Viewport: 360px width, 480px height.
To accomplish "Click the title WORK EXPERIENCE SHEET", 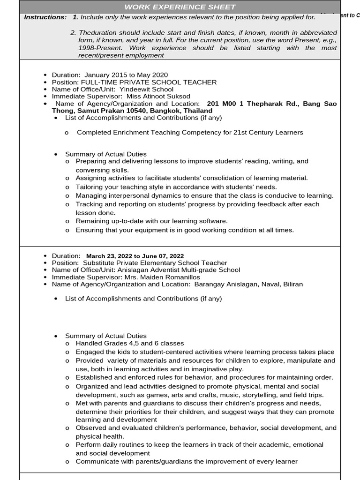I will point(180,7).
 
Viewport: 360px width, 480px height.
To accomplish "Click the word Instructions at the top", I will point(45,17).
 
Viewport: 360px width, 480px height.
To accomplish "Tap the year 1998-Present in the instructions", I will point(93,48).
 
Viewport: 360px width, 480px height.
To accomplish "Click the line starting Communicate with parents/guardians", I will point(187,461).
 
